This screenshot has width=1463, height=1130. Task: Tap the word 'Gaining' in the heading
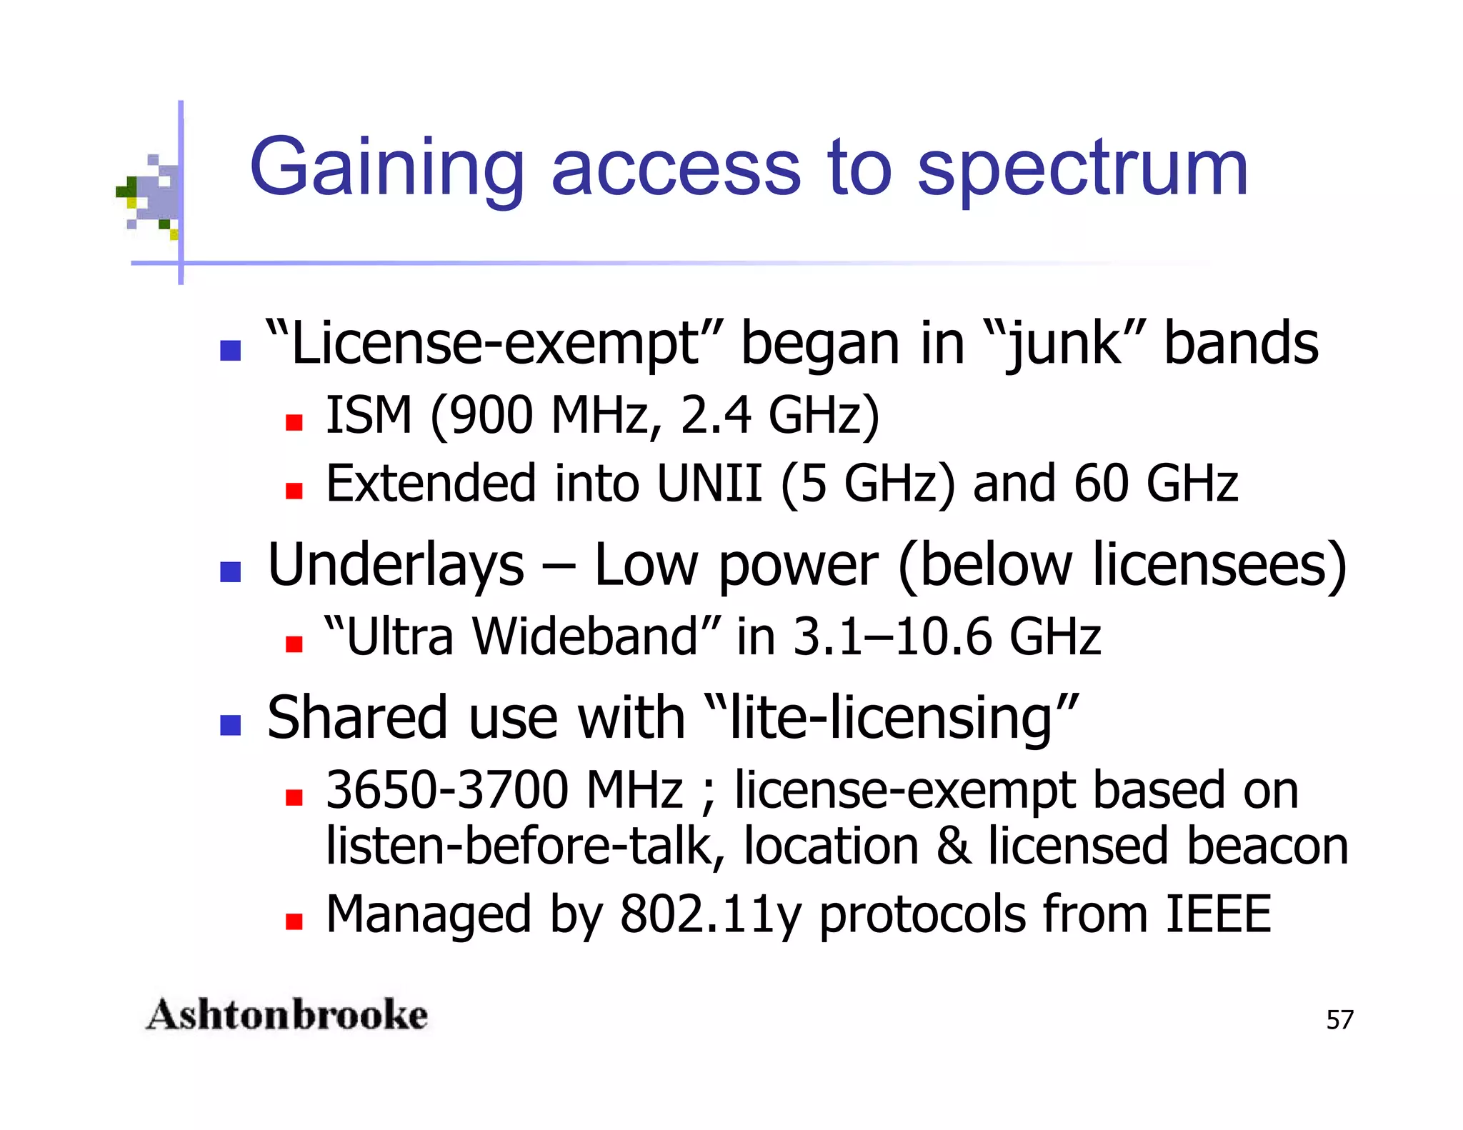[386, 170]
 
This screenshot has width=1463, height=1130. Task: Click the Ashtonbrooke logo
[286, 1015]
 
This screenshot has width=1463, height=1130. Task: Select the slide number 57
[1339, 1020]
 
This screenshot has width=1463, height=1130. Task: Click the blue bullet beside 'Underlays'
[230, 571]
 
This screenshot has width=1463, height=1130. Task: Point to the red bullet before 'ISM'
[294, 422]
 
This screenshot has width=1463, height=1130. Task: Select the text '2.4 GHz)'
[779, 415]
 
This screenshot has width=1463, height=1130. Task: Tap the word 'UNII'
[709, 484]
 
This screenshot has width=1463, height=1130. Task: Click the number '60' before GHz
[1101, 484]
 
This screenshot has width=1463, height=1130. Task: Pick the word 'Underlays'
[396, 566]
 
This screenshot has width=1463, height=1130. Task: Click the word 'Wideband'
[585, 636]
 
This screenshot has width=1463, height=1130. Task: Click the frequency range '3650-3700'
[446, 790]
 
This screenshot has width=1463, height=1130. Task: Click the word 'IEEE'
[1217, 914]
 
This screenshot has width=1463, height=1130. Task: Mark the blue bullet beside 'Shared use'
[230, 725]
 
